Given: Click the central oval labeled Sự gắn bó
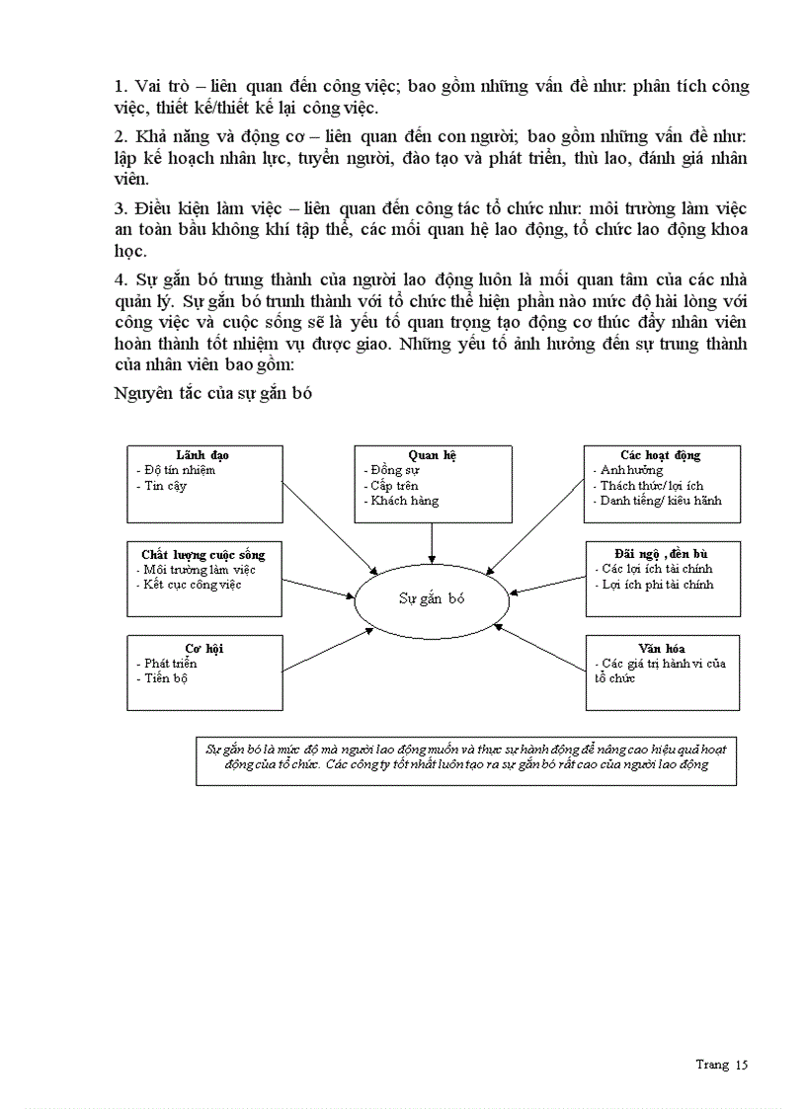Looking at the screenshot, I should point(432,598).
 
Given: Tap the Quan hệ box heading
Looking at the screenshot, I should point(433,455).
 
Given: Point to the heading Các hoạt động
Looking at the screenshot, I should point(660,455).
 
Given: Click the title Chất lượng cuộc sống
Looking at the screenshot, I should point(203,554).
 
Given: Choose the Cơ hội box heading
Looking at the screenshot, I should point(203,648).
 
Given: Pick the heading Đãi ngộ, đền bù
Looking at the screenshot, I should point(661,554).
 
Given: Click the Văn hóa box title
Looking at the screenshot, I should point(661,648).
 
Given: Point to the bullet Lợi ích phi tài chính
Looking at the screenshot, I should point(656,585).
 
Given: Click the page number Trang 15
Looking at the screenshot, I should point(721,1064).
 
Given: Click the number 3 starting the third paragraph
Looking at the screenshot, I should point(119,208).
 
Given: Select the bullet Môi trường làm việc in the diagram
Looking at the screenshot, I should point(199,569).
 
